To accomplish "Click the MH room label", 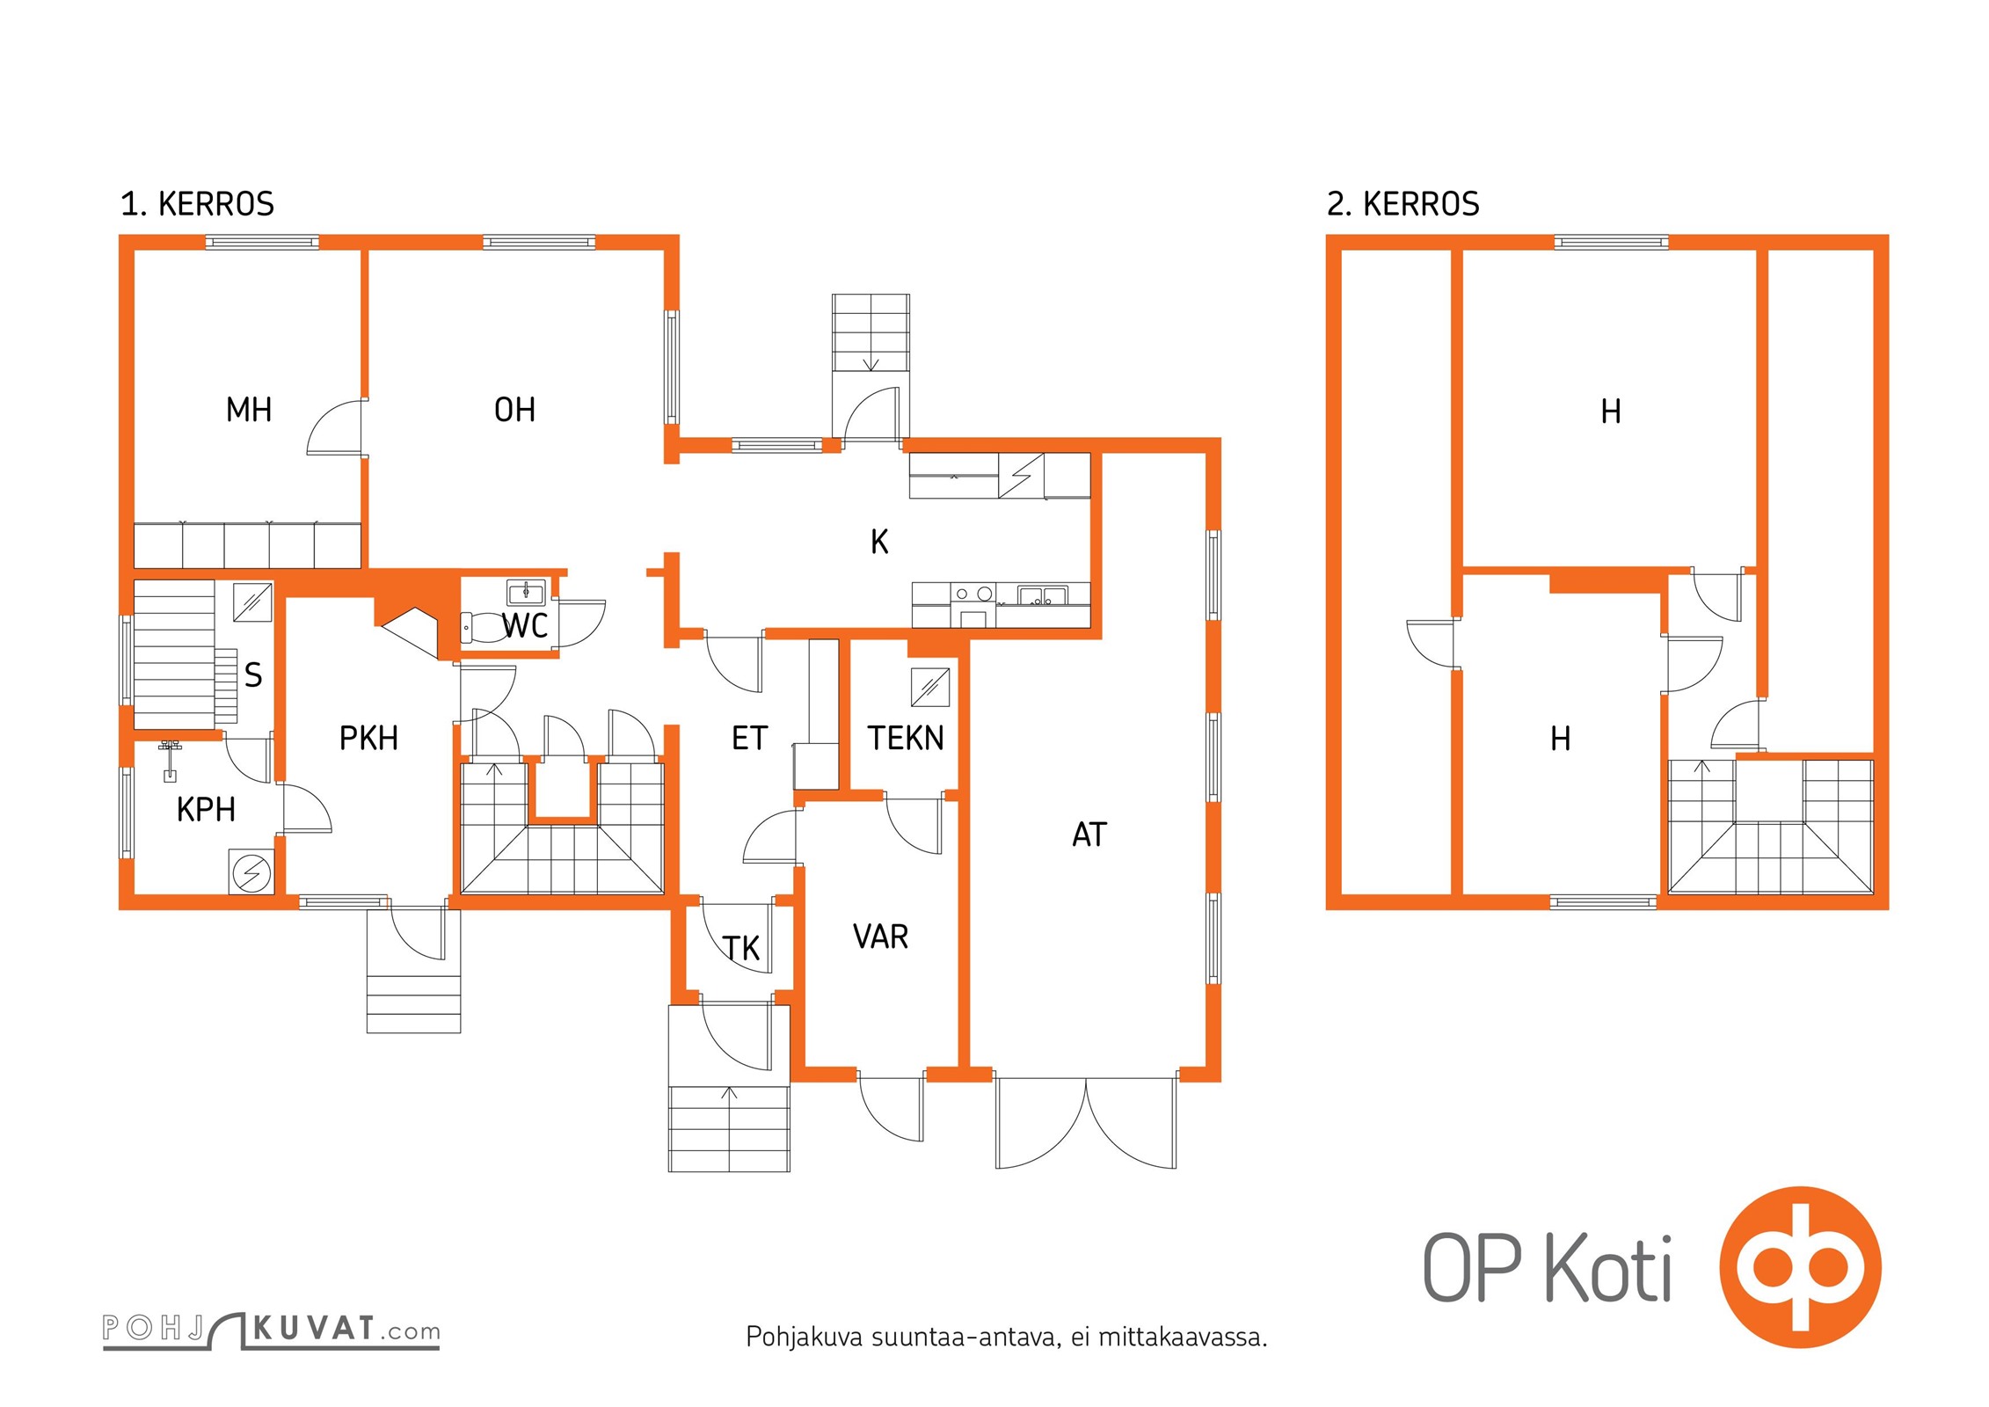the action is click(249, 410).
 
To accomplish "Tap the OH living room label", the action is click(514, 410).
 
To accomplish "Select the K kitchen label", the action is click(879, 542).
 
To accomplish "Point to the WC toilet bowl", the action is click(479, 628).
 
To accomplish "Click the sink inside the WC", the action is click(526, 592).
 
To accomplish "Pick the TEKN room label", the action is click(906, 739).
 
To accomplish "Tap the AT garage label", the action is click(1089, 835).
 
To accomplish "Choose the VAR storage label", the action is click(880, 937).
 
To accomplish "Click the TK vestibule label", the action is click(741, 949).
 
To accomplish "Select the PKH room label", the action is click(368, 739).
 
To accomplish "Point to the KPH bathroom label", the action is click(206, 810).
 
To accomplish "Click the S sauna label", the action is click(253, 675).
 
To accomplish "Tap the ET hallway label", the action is click(749, 739).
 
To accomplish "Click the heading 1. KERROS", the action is click(197, 204).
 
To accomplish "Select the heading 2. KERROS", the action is click(1402, 204).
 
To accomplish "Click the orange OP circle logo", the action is click(1800, 1267).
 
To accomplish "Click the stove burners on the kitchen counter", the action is click(973, 594).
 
